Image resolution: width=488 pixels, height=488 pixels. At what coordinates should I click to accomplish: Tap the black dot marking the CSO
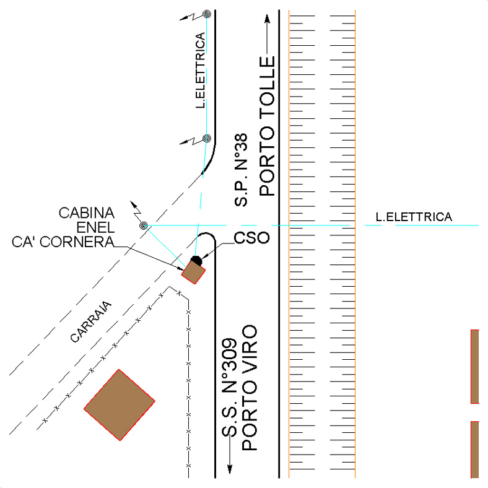point(196,259)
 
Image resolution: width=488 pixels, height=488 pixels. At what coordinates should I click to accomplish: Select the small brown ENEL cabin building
point(193,272)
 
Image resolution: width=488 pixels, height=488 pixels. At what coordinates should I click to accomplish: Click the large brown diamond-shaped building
point(119,404)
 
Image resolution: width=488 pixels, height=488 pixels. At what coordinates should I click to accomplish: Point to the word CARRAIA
point(90,321)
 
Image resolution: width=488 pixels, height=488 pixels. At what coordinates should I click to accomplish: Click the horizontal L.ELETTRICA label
point(414,217)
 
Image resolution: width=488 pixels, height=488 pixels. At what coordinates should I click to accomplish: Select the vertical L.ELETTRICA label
point(200,79)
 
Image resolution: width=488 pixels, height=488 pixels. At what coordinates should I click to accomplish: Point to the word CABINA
point(87,213)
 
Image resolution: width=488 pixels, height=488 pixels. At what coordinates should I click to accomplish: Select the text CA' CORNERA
point(63,242)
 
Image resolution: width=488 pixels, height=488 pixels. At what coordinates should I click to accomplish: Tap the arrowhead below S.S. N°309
point(230,468)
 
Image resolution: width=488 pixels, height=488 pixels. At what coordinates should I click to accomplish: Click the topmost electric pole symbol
point(207,14)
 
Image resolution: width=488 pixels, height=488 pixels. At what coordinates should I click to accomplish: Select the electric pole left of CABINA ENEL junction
point(144,225)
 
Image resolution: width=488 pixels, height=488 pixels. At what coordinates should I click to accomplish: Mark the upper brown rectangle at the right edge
point(475,366)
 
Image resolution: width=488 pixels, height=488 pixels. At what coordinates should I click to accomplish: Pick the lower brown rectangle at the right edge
point(475,450)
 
